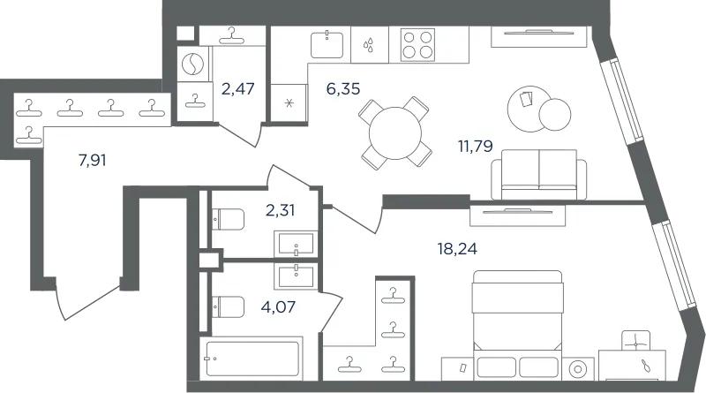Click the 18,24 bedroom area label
(x=457, y=248)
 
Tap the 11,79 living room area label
(x=475, y=146)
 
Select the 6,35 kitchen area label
(x=343, y=89)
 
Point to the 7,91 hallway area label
(x=93, y=160)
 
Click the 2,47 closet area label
(x=237, y=89)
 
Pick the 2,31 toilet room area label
(x=280, y=210)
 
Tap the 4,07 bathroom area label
(x=278, y=307)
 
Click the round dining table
(x=394, y=133)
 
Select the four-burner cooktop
(x=417, y=45)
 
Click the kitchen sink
(x=327, y=44)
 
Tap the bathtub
(x=252, y=359)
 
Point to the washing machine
(x=193, y=64)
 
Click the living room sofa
(x=539, y=174)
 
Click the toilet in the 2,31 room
(x=228, y=220)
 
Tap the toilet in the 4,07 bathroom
(x=228, y=307)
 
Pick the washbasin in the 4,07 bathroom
(x=296, y=276)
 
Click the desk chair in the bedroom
(x=635, y=341)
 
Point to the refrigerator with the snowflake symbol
(x=289, y=103)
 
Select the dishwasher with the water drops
(x=369, y=44)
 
